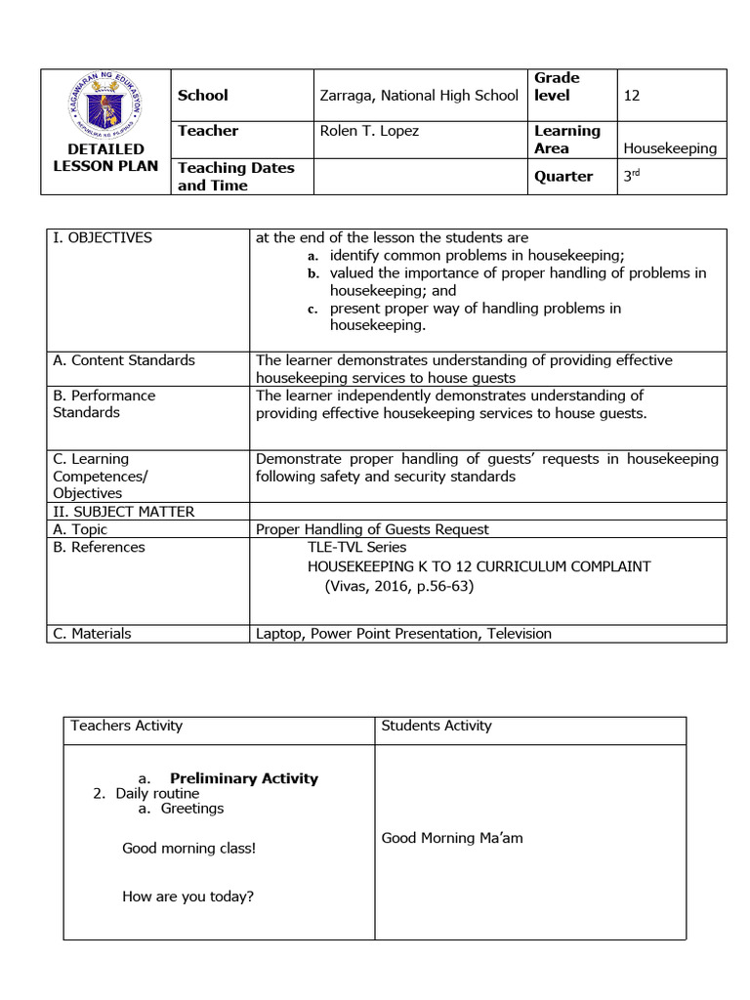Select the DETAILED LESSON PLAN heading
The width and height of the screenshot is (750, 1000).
pos(105,157)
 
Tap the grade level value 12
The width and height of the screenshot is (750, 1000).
pos(632,96)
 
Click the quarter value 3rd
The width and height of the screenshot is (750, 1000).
pos(635,176)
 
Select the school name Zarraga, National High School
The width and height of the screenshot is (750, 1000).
pos(419,96)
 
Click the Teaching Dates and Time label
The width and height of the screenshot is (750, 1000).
pos(235,176)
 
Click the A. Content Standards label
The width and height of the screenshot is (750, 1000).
pos(124,360)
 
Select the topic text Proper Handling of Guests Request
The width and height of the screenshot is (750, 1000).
pos(372,529)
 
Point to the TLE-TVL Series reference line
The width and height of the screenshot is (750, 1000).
pos(357,547)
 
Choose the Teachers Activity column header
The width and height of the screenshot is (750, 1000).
pos(127,726)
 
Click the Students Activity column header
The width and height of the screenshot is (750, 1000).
pos(437,726)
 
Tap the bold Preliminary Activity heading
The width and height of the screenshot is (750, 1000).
pos(244,778)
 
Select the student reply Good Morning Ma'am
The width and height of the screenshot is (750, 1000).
pos(452,838)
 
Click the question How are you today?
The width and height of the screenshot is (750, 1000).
pos(187,896)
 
